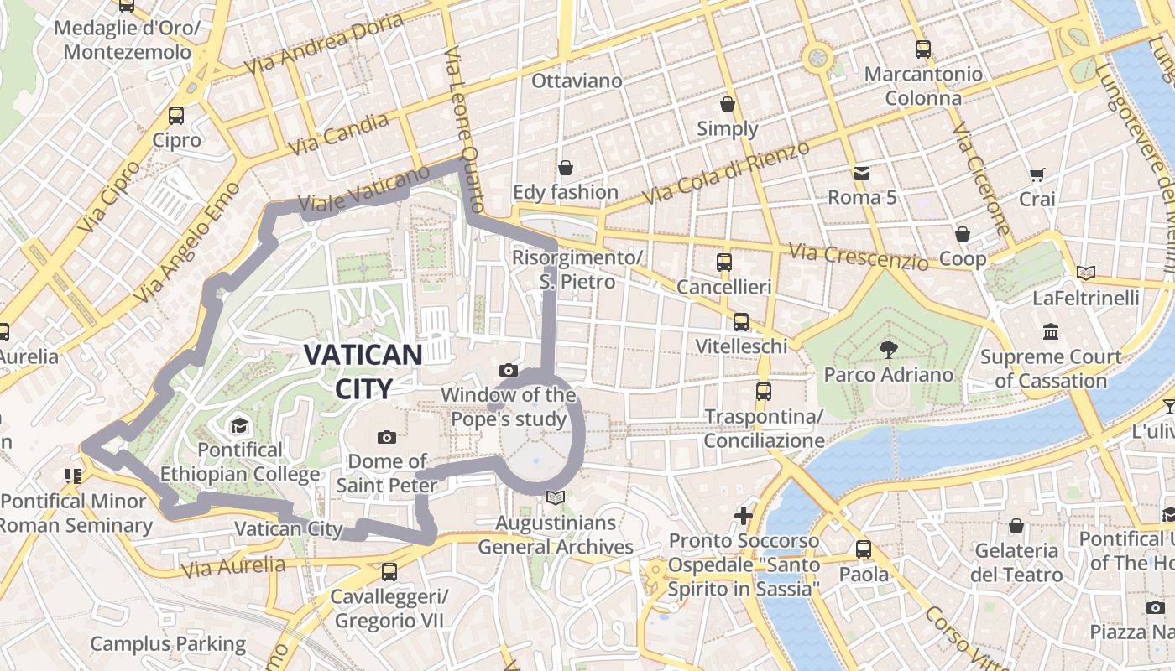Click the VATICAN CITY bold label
coord(363,372)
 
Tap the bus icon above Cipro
coord(176,116)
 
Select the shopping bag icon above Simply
coord(728,104)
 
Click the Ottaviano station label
coord(577,81)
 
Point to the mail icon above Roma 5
coord(862,174)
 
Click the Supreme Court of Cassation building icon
coord(1051,332)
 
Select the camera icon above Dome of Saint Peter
coord(387,437)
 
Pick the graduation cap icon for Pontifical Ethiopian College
coord(239,426)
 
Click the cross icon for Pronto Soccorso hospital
coord(744,515)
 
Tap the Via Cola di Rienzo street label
coord(726,173)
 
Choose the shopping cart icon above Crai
coord(1037,175)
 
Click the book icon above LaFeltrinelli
coord(1086,273)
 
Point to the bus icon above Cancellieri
coord(724,263)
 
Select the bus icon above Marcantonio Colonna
coord(923,49)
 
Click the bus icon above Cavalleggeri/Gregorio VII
coord(389,572)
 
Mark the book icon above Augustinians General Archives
coord(555,498)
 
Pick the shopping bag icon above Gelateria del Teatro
coord(1016,526)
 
